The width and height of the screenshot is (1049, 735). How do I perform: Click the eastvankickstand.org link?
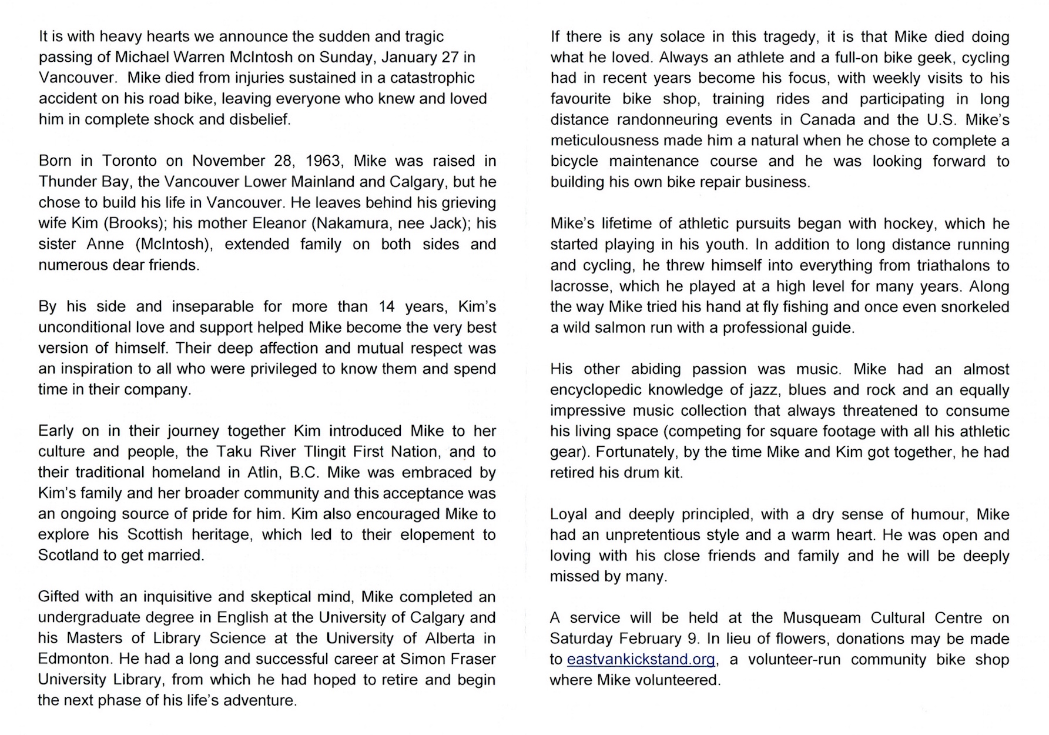(x=641, y=660)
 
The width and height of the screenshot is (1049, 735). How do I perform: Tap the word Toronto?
(x=129, y=161)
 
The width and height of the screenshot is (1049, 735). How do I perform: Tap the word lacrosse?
(x=580, y=286)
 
